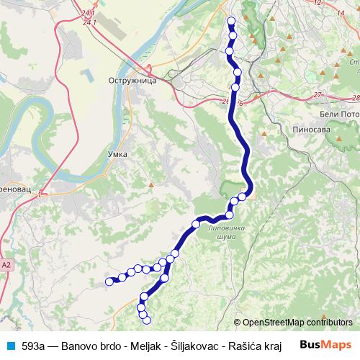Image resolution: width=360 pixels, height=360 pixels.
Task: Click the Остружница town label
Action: click(130, 82)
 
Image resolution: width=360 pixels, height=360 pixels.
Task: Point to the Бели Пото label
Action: click(338, 114)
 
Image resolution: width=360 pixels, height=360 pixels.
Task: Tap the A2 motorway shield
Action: click(6, 265)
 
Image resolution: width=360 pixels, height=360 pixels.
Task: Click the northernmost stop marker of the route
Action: click(231, 20)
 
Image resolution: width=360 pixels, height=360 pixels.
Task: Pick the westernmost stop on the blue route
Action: click(109, 282)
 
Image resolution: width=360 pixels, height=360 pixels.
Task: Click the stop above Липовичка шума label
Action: click(230, 215)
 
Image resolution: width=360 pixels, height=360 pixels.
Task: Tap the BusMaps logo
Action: click(325, 344)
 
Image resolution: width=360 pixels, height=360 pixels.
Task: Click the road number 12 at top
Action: click(318, 3)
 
